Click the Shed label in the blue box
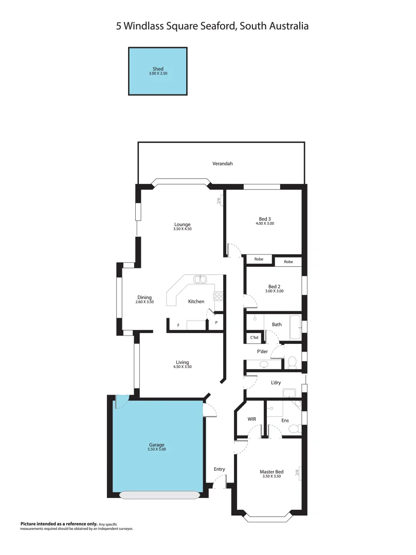click(x=158, y=69)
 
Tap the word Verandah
click(x=223, y=163)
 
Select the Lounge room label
click(x=182, y=225)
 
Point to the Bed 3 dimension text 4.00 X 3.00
click(x=265, y=224)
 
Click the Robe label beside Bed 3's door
click(x=259, y=260)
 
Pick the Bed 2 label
click(x=274, y=286)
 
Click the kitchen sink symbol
click(x=200, y=280)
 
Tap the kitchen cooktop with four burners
click(x=219, y=296)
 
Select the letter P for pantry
click(x=216, y=323)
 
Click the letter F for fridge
click(x=178, y=325)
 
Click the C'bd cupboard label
click(x=254, y=338)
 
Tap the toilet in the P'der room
click(x=291, y=362)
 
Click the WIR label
click(x=251, y=419)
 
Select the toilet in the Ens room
click(x=293, y=428)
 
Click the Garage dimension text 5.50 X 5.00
click(x=157, y=449)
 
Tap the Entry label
click(x=220, y=469)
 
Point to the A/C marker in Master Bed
click(x=299, y=473)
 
